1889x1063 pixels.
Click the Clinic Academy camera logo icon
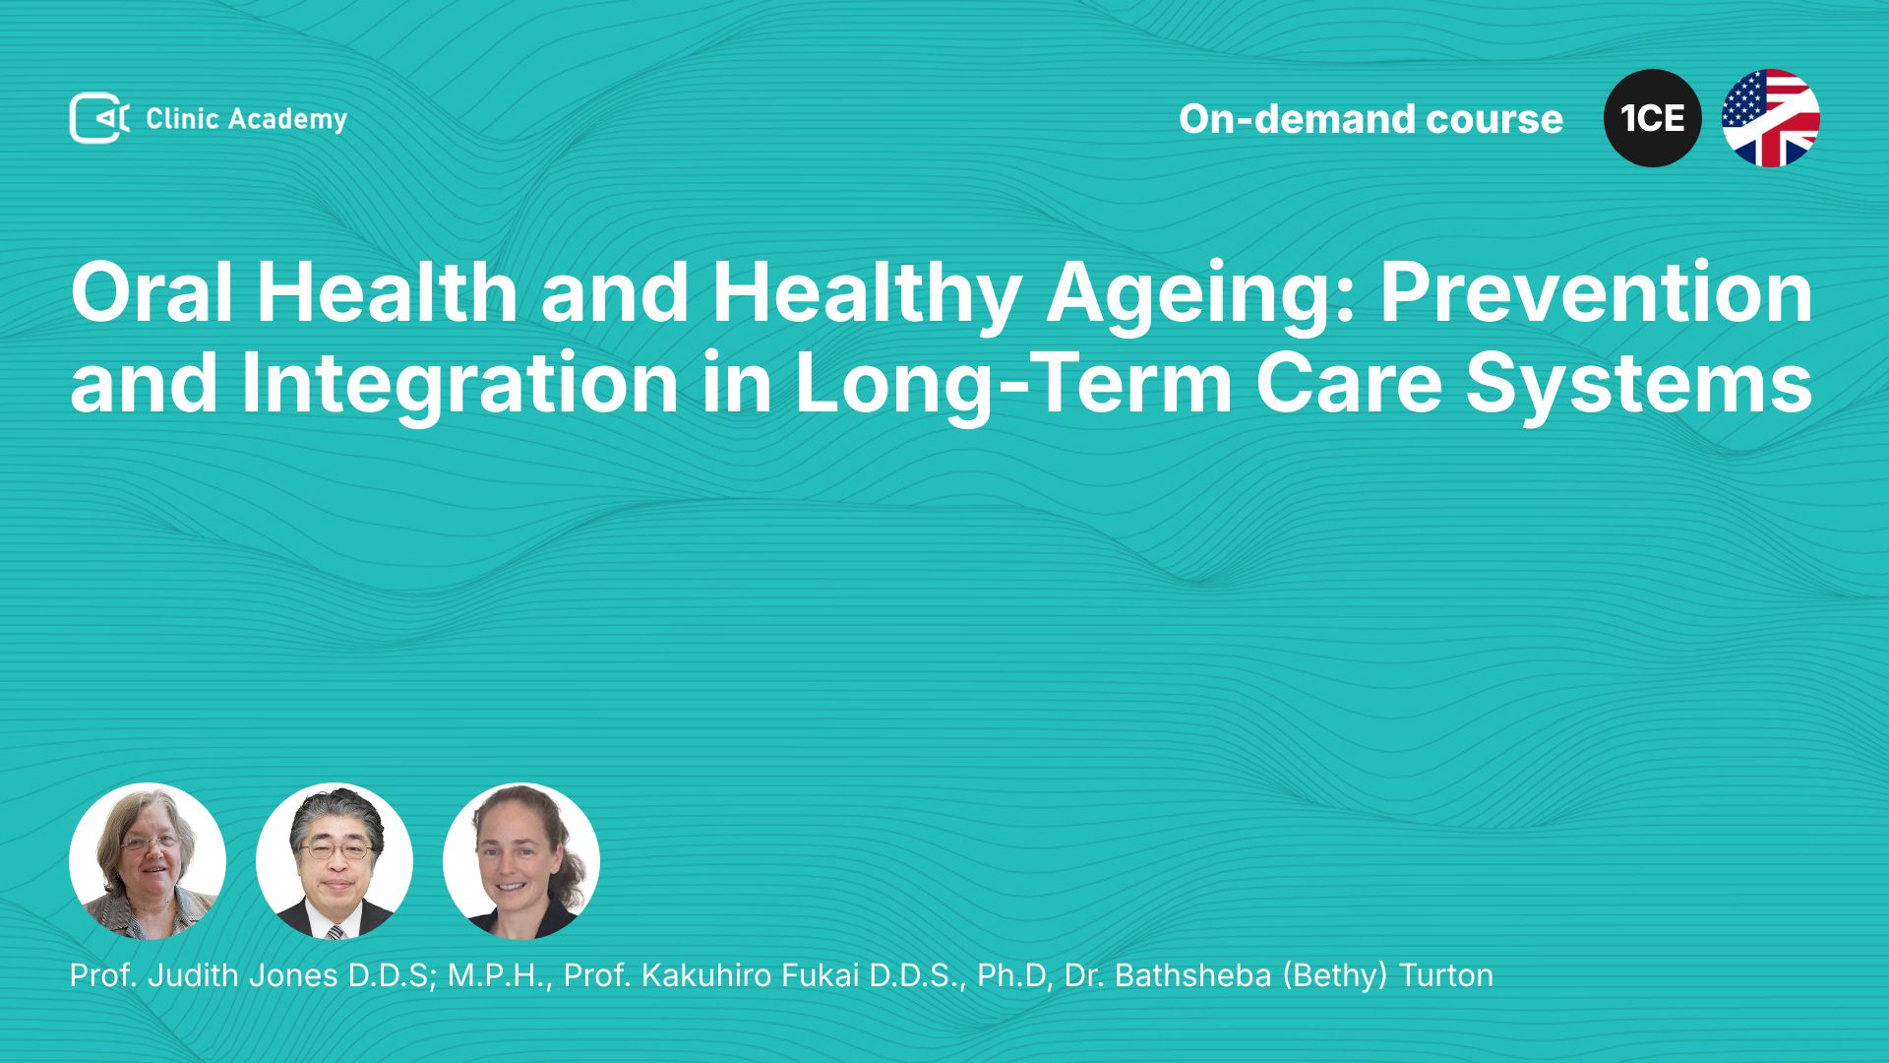(99, 118)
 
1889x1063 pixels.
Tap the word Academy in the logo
(287, 120)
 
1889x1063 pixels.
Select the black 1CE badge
(1653, 118)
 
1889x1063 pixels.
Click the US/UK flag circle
(1771, 118)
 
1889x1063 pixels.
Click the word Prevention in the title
(1596, 292)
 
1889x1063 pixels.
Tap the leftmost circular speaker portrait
(148, 861)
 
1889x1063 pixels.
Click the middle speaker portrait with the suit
(335, 861)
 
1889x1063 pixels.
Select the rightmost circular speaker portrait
(521, 861)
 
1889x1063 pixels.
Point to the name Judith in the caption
(193, 975)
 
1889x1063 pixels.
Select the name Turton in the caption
(1446, 975)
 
